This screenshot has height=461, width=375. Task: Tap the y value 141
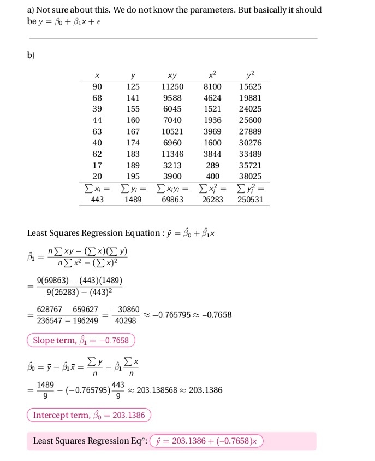(133, 98)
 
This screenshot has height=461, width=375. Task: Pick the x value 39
(97, 109)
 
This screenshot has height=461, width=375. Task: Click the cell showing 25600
(251, 120)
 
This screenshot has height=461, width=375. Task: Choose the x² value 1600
(212, 143)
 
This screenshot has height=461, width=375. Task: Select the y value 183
(133, 154)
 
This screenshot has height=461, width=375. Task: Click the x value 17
(97, 165)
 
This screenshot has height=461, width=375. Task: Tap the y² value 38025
(251, 176)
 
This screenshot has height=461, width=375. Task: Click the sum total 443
(97, 200)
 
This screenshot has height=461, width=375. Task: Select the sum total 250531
(251, 200)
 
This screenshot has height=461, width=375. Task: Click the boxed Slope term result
(81, 340)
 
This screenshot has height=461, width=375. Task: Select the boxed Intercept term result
(89, 415)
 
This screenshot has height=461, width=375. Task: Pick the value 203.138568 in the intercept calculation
(158, 390)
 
